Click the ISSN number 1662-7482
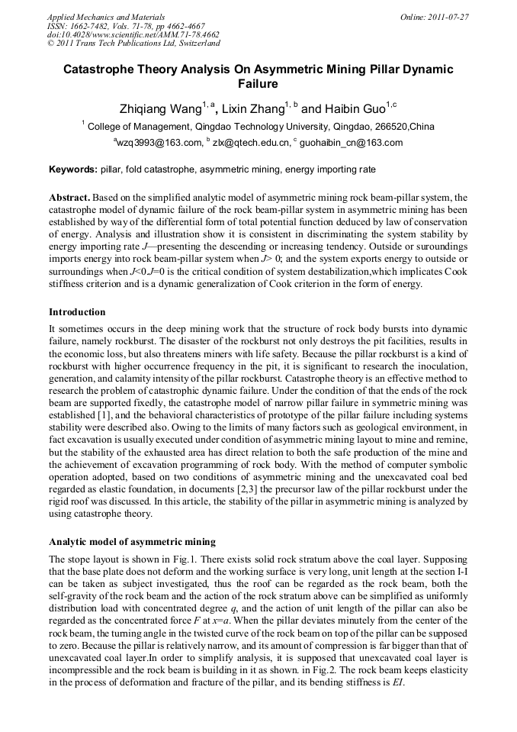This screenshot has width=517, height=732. pos(92,25)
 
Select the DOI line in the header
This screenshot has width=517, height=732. pos(133,34)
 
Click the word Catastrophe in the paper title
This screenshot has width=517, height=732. pos(99,69)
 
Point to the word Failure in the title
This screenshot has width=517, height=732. pos(258,84)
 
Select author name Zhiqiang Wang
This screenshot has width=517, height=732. pos(159,108)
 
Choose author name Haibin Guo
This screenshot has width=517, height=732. pos(342,108)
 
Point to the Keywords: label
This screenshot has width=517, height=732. pos(72,169)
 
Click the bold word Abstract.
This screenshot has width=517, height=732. pos(69,196)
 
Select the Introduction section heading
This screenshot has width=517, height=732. pos(77,312)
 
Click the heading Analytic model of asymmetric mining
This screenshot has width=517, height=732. pos(132,542)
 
